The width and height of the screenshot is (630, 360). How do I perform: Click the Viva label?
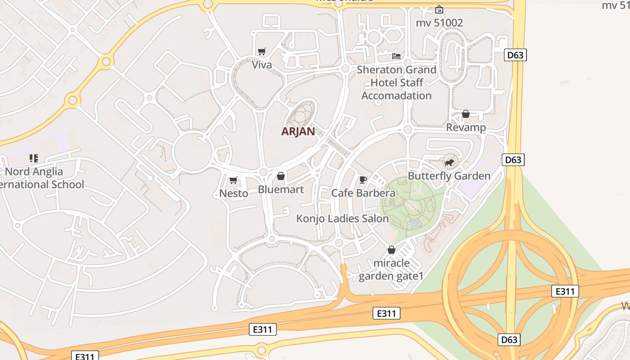261,65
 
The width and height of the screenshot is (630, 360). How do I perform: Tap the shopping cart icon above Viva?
261,52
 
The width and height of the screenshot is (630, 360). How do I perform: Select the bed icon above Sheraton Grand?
396,56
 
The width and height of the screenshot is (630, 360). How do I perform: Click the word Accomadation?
396,96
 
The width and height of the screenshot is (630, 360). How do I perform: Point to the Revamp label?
466,127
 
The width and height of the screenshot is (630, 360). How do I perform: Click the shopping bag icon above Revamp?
466,114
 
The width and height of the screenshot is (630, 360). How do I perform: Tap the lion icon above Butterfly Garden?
449,162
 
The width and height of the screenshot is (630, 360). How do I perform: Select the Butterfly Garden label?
449,175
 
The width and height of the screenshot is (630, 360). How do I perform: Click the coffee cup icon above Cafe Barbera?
363,180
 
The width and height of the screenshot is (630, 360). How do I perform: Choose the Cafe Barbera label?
363,193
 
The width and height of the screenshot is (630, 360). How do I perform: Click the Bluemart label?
281,189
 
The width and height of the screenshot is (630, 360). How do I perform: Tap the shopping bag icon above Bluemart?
281,176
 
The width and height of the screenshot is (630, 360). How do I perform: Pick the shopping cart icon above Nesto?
233,180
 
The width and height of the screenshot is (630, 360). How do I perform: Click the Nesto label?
234,193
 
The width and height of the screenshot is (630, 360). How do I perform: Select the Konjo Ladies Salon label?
342,219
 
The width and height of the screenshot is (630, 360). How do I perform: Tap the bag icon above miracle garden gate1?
391,250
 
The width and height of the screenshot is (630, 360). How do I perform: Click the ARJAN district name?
298,131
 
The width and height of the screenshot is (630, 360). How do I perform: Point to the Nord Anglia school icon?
33,158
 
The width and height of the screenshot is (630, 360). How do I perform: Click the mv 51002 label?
439,22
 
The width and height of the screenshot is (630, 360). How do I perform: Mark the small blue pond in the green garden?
414,224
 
